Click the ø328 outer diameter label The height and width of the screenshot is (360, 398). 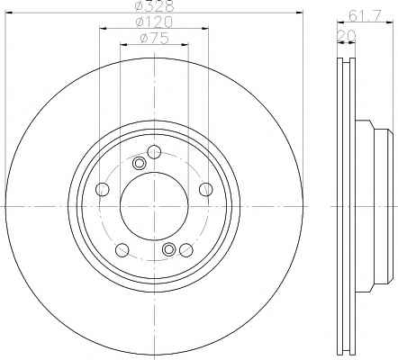click(155, 5)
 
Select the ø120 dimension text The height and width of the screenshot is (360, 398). click(154, 22)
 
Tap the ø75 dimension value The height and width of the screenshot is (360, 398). click(154, 39)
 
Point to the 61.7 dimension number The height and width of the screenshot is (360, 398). click(365, 15)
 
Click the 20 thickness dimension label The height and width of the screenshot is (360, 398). click(347, 35)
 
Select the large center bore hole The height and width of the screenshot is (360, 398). click(154, 206)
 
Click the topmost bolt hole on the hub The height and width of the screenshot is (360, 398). click(154, 152)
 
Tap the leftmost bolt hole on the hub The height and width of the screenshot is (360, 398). click(102, 189)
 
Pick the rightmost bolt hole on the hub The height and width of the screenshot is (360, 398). click(206, 189)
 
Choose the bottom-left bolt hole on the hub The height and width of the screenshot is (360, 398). click(122, 250)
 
